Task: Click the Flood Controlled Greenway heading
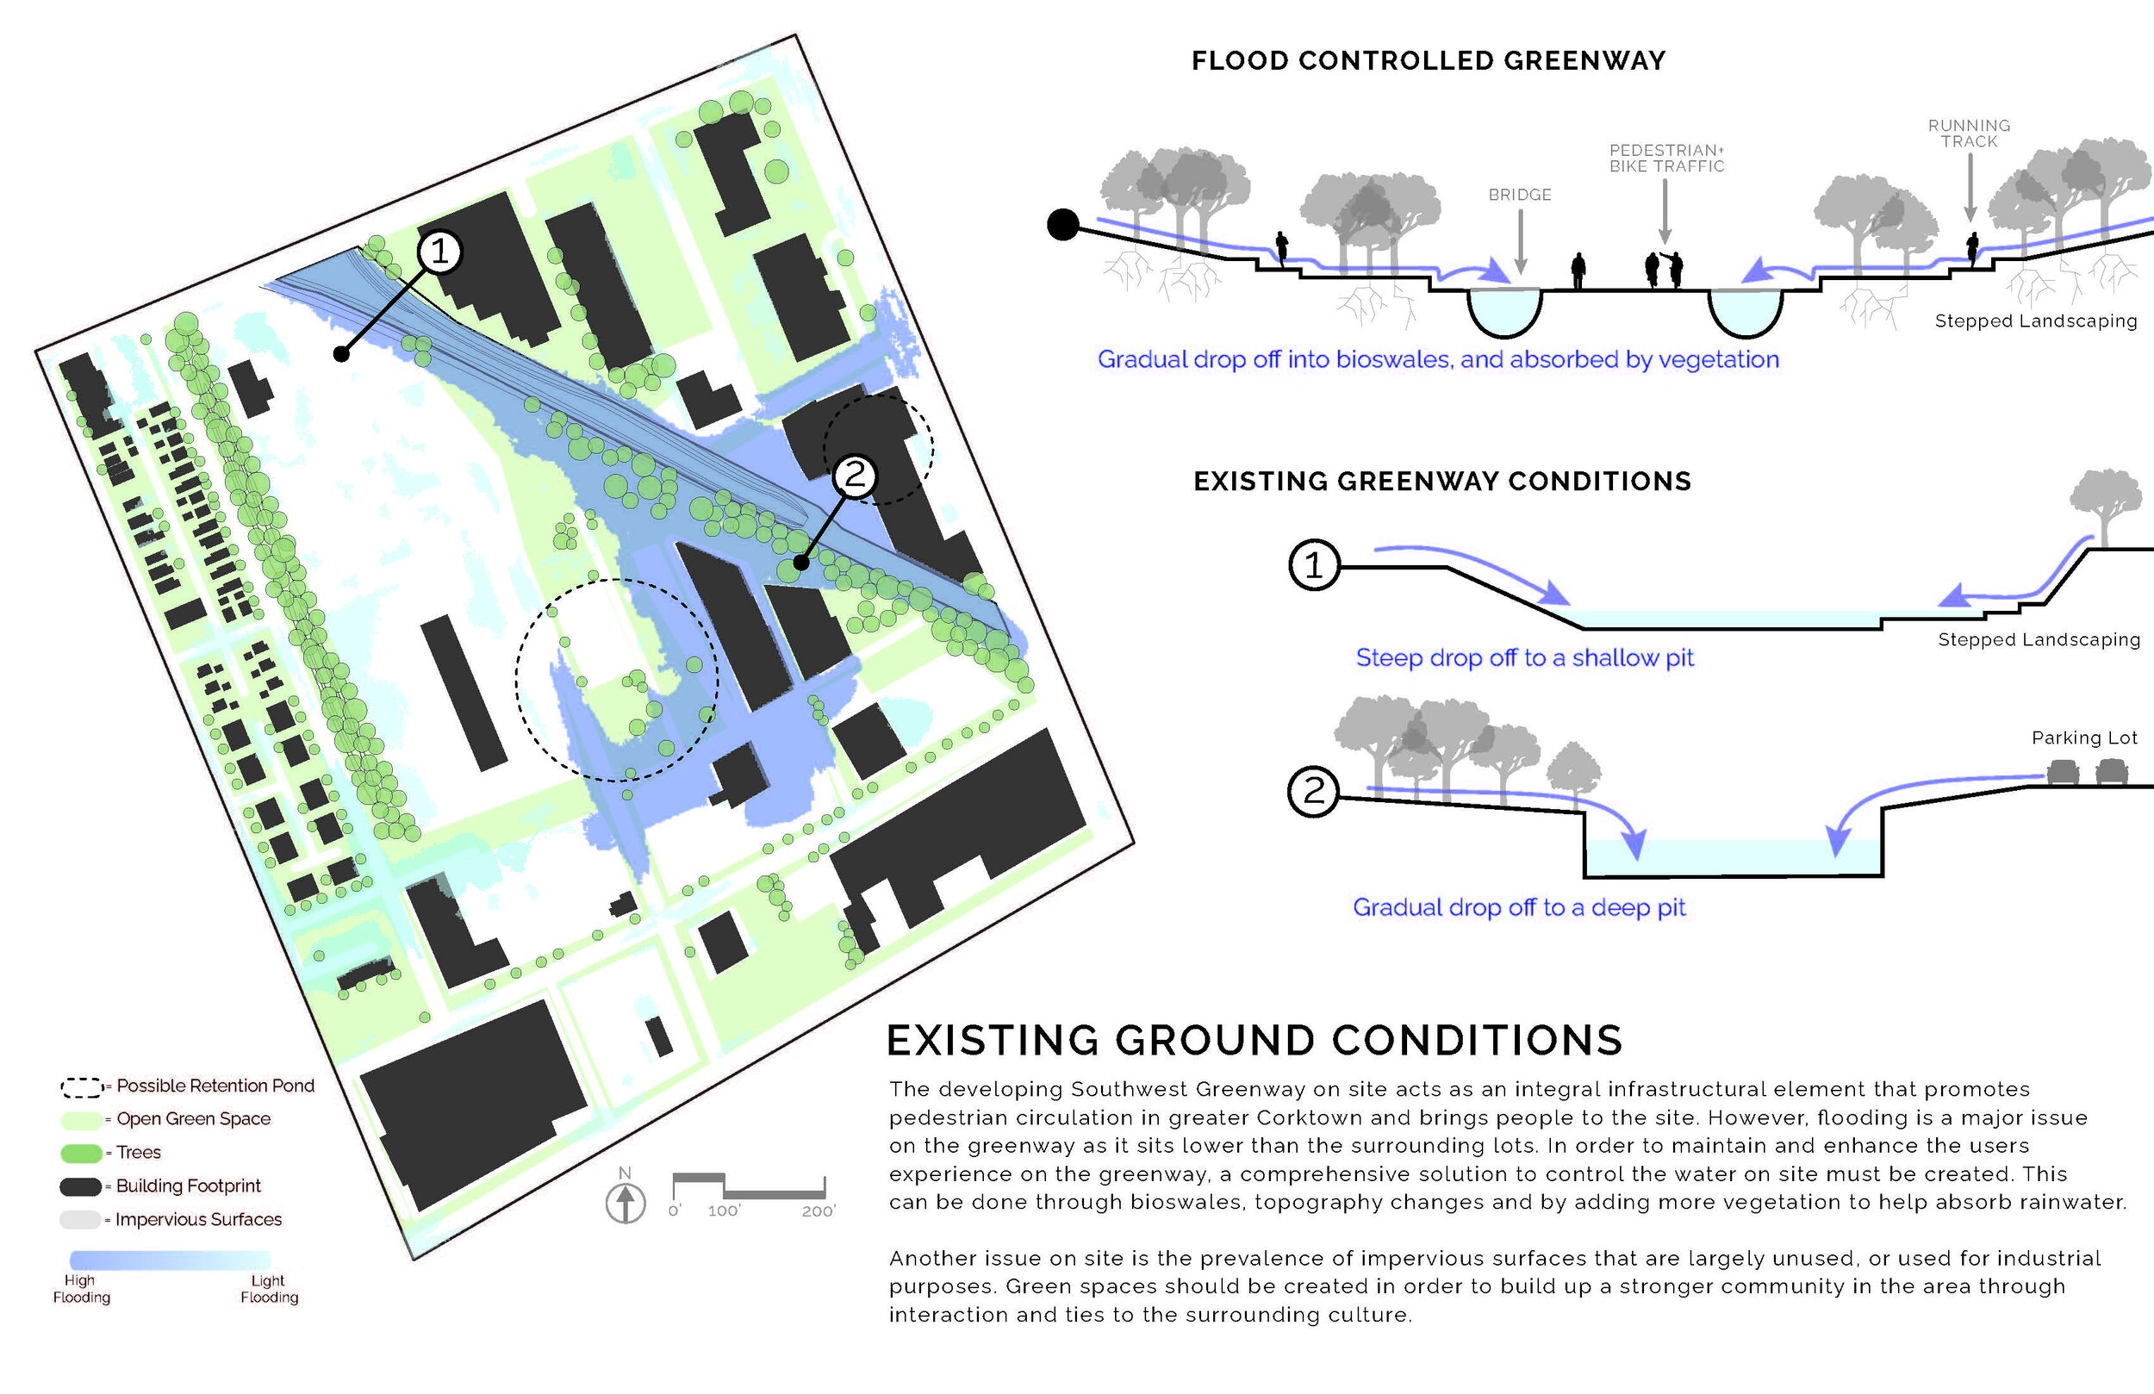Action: (1429, 60)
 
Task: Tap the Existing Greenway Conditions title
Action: (1441, 481)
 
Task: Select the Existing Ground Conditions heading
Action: (1254, 1040)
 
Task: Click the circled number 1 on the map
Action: (440, 251)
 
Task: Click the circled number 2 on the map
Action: (855, 475)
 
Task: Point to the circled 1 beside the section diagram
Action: (1313, 566)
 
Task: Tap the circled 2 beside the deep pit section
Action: (1313, 792)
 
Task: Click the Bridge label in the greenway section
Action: (1520, 195)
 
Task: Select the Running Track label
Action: (1969, 133)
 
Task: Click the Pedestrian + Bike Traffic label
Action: (1666, 159)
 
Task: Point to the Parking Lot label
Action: (2084, 737)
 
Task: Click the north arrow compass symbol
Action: (626, 1202)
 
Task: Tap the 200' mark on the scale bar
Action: (818, 1211)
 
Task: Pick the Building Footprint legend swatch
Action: (80, 1186)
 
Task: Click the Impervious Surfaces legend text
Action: (198, 1219)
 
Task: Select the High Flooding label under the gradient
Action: (80, 1288)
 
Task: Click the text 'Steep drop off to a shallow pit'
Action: (1524, 658)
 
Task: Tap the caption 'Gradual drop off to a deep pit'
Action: (1519, 908)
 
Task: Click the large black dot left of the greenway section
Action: (1063, 225)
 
